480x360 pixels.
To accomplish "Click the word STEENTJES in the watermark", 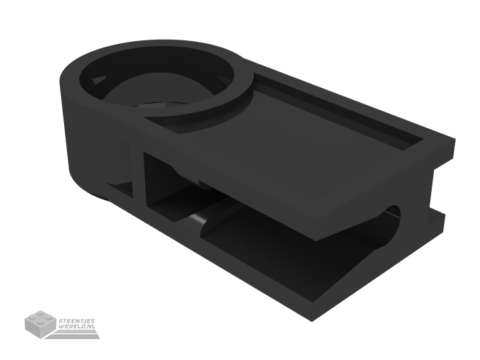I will tap(80, 320).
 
